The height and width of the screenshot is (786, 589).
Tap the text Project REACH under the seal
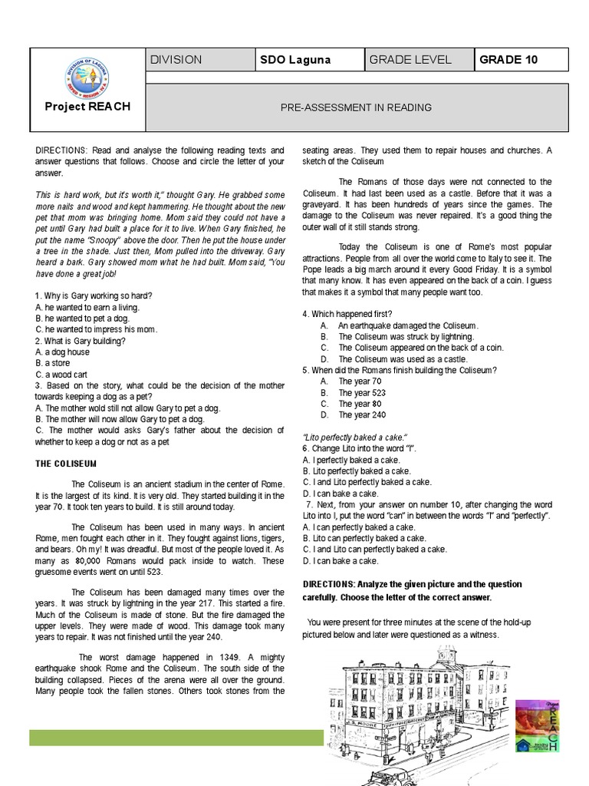tap(87, 107)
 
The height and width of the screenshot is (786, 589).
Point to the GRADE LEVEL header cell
tap(410, 60)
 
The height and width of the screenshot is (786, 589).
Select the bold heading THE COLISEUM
tap(65, 464)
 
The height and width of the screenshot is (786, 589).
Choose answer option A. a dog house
tap(62, 351)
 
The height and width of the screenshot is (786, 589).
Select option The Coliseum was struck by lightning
tap(406, 336)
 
